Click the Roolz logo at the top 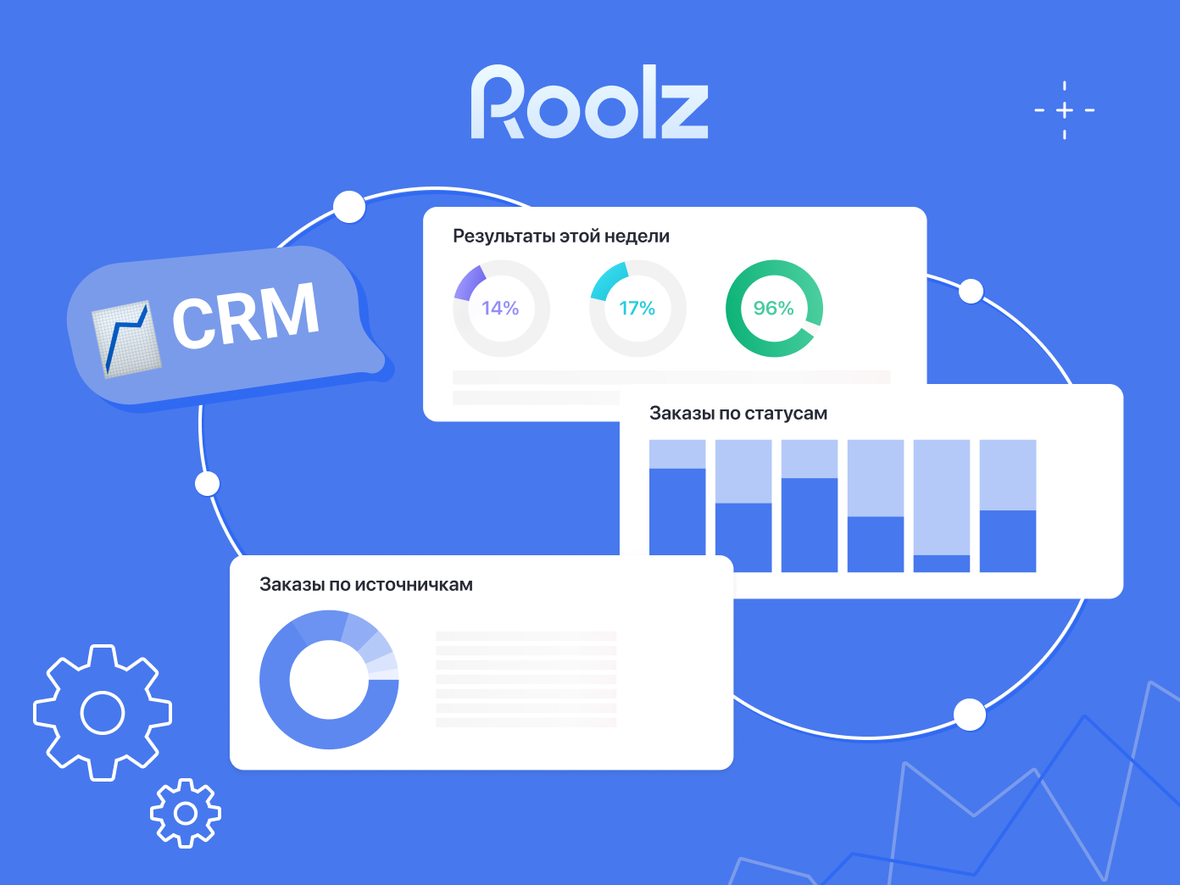click(x=589, y=103)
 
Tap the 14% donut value click(x=500, y=309)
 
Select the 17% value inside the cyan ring click(x=637, y=309)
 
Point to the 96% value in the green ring click(x=774, y=309)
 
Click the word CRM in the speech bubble click(x=246, y=316)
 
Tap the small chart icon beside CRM click(x=126, y=339)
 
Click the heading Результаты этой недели click(x=561, y=237)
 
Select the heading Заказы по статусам click(x=738, y=414)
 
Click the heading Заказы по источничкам click(x=366, y=585)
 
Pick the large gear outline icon click(x=103, y=712)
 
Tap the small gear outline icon click(x=186, y=814)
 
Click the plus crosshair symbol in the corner click(x=1065, y=110)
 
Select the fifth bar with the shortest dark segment click(x=942, y=505)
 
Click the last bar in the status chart click(x=1008, y=505)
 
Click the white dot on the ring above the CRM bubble click(x=349, y=207)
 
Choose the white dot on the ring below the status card click(x=970, y=715)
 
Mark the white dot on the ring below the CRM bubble click(x=208, y=484)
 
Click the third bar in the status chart click(x=810, y=505)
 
